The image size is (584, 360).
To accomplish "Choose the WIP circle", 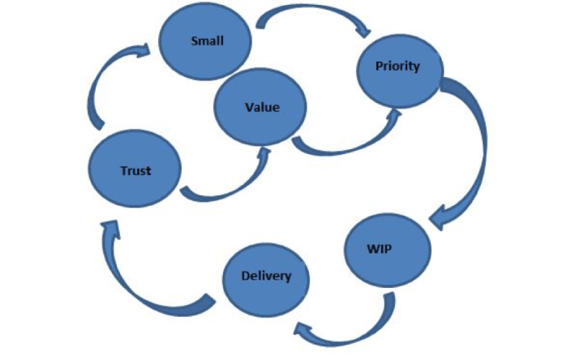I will [379, 247].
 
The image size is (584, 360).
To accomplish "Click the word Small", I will [207, 41].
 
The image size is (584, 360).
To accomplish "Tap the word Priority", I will [397, 66].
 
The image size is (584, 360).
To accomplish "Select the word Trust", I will [135, 171].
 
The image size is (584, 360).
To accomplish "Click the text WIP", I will [379, 247].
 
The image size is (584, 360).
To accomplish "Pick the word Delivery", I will [265, 276].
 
